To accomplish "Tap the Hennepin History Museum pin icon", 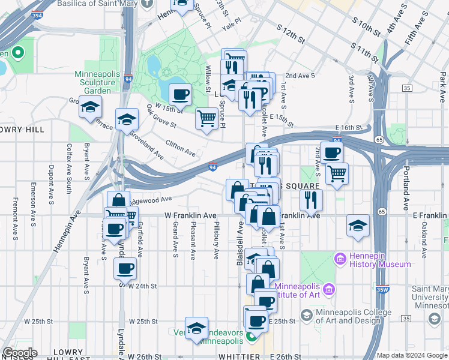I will pyautogui.click(x=340, y=260).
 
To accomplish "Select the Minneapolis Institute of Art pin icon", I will pyautogui.click(x=328, y=290).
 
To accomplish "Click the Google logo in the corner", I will pyautogui.click(x=19, y=353).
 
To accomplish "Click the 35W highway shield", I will pyautogui.click(x=383, y=289).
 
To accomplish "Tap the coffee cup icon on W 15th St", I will pyautogui.click(x=180, y=94).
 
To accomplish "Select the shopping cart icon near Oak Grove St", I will pyautogui.click(x=206, y=118).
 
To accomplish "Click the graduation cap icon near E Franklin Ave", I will pyautogui.click(x=358, y=226).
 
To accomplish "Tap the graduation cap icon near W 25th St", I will pyautogui.click(x=196, y=328).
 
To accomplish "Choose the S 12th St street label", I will pyautogui.click(x=292, y=34).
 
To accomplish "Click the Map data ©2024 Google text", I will pyautogui.click(x=411, y=355).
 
